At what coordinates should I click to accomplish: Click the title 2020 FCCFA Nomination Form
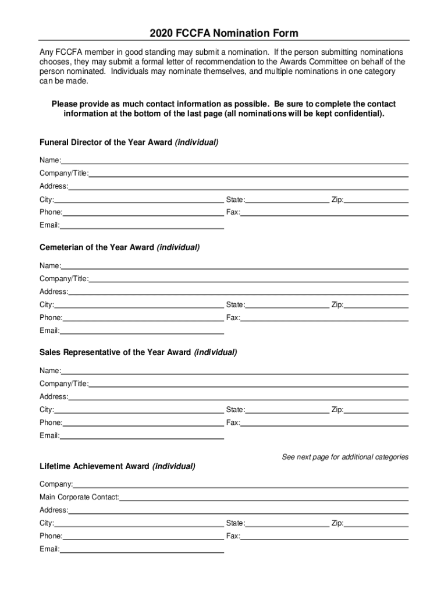[224, 33]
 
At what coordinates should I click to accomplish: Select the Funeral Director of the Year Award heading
[129, 143]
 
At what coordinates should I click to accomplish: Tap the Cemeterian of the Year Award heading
[119, 247]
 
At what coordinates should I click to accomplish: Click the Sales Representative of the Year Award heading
[138, 352]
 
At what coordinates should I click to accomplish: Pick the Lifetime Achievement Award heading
[117, 466]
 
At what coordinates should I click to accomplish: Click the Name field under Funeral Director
[234, 161]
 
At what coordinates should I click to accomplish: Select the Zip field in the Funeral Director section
[376, 201]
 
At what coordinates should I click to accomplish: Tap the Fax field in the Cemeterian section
[324, 318]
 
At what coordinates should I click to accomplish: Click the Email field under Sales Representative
[142, 437]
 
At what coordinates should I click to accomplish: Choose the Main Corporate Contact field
[264, 498]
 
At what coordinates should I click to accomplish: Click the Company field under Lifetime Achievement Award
[240, 485]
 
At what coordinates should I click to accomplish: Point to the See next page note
[345, 457]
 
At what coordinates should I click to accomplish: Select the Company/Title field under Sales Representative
[248, 384]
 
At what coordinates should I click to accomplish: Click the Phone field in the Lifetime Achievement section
[143, 537]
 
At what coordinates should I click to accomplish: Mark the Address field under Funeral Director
[238, 187]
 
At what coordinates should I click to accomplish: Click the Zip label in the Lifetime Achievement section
[337, 523]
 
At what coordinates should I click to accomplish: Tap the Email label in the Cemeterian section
[49, 331]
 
